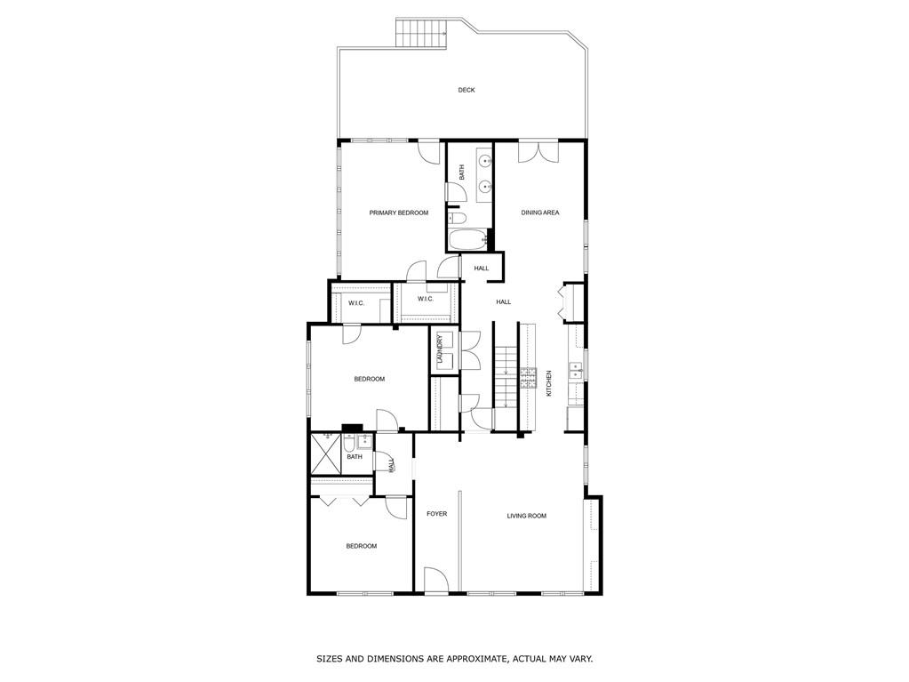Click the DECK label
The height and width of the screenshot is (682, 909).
[466, 90]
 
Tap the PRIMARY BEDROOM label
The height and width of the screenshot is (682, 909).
[399, 213]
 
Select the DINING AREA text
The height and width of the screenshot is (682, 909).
[539, 213]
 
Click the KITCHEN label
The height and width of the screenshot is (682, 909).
[549, 383]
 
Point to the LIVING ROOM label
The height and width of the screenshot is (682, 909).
[526, 516]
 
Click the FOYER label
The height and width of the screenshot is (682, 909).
[436, 514]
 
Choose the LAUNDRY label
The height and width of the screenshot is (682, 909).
[439, 349]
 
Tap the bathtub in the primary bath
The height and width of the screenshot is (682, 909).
[467, 239]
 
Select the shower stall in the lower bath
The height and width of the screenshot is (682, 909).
[325, 454]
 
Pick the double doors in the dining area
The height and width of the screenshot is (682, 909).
[538, 150]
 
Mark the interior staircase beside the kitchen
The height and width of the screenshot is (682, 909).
[506, 378]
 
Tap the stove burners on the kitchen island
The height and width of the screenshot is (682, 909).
[530, 377]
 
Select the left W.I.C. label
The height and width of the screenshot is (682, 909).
[356, 303]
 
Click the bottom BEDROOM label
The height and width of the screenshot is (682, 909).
[361, 546]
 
